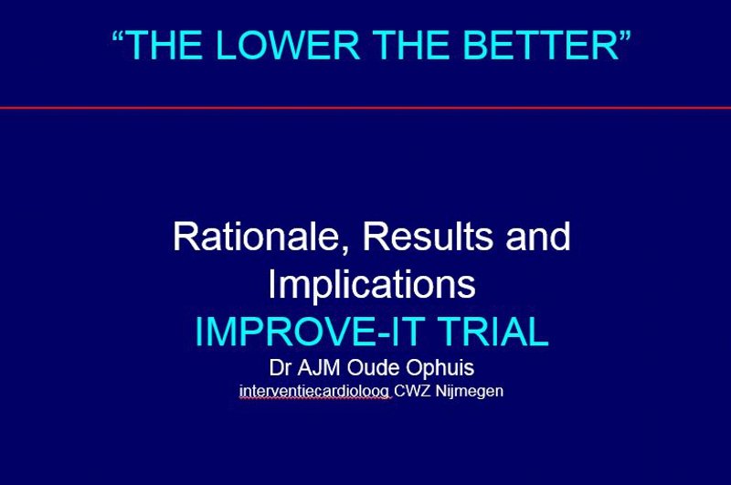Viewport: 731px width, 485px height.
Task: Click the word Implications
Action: click(x=371, y=285)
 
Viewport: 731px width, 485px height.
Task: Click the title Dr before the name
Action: click(x=279, y=369)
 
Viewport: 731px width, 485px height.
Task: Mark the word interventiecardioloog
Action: click(x=314, y=392)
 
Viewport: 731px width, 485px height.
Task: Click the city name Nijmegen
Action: click(x=471, y=392)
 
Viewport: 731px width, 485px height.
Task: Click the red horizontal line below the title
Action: click(x=365, y=108)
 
